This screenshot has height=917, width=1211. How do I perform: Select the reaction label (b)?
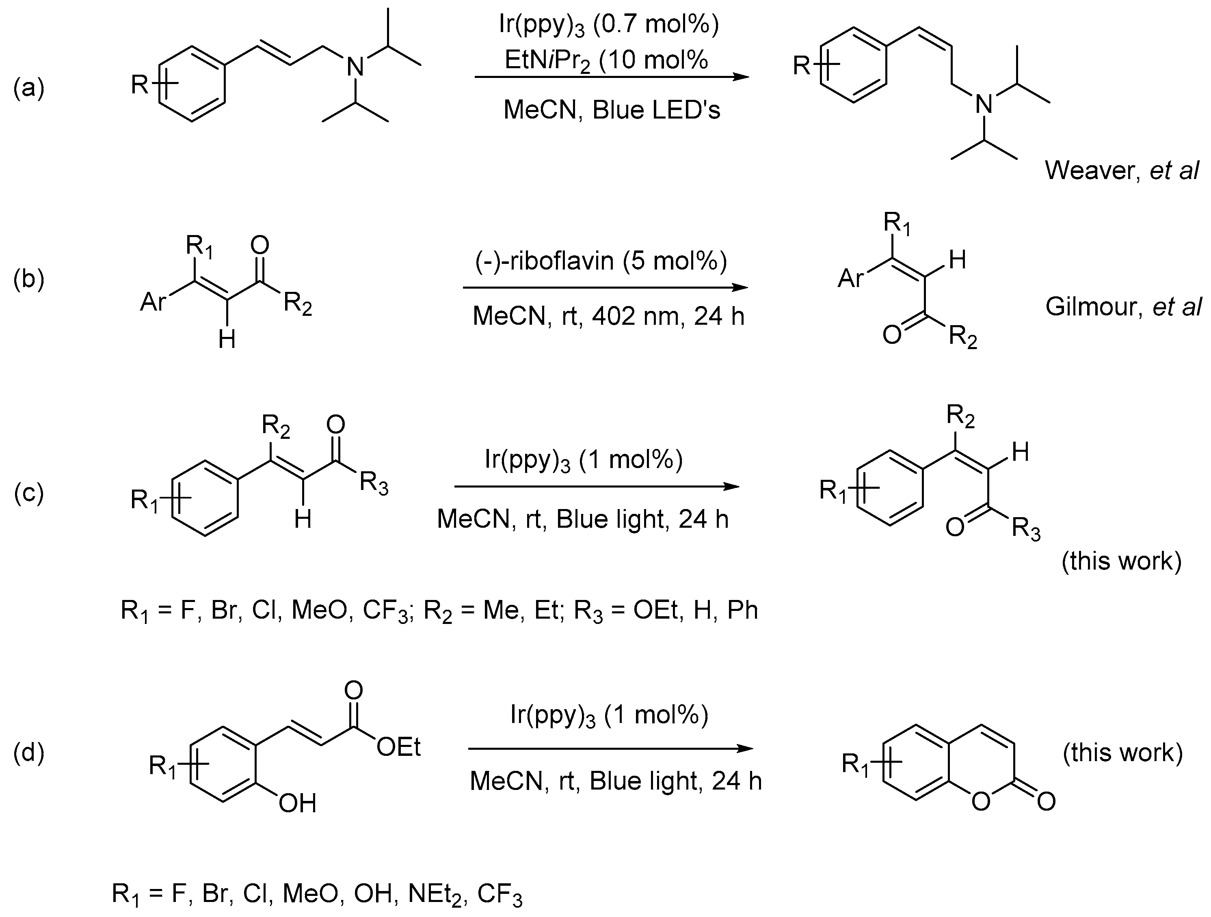28,278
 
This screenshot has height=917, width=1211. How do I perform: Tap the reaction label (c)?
28,492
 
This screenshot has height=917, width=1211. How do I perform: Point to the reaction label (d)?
28,752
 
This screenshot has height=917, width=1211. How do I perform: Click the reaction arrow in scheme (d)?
611,749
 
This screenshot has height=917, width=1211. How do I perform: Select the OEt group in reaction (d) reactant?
398,747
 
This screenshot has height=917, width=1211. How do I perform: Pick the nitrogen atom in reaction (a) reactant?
355,67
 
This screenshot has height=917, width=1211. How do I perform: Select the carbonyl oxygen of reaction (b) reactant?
259,246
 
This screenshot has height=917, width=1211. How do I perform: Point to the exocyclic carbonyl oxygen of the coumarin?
1045,802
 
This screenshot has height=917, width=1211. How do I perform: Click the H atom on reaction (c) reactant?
303,518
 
